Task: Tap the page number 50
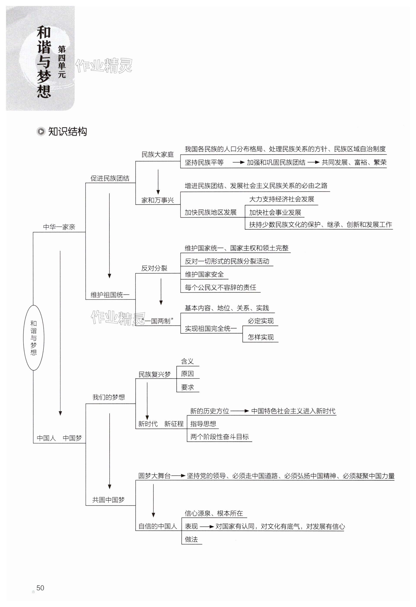coord(40,588)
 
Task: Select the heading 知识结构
coord(67,131)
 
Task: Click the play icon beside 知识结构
coord(41,131)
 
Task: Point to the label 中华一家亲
coord(59,227)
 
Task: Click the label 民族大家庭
coord(157,155)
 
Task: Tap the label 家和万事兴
coord(157,200)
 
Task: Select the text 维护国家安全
coord(204,274)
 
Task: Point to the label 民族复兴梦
coord(154,375)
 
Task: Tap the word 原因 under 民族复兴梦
coord(187,374)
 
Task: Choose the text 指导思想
coord(203,424)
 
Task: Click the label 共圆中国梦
coord(108,500)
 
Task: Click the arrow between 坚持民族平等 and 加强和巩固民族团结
coord(238,162)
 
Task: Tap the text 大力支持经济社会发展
coord(281,199)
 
